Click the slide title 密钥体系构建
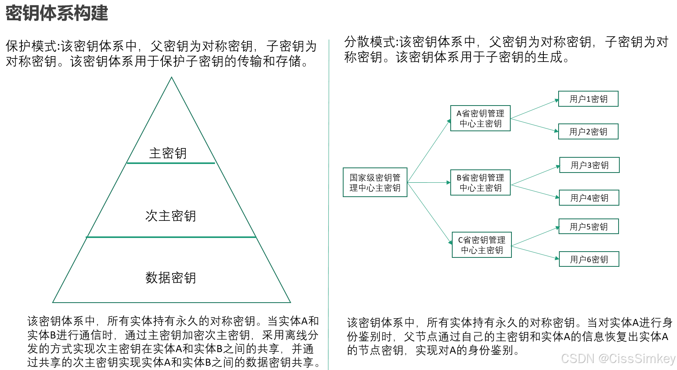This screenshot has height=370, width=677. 57,13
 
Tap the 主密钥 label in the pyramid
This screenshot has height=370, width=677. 168,153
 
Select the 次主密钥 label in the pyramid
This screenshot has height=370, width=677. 171,216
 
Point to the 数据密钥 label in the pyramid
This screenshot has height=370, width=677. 171,278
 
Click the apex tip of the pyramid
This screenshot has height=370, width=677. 171,78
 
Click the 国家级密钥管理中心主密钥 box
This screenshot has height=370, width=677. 375,182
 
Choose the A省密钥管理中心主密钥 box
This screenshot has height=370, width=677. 480,118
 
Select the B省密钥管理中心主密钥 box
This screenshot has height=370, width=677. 480,183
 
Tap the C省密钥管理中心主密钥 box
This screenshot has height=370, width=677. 481,245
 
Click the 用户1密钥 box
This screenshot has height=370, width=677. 588,99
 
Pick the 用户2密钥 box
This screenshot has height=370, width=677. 588,132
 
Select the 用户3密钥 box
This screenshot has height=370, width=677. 589,165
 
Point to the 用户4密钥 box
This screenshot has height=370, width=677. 589,198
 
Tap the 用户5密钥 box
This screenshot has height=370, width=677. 589,227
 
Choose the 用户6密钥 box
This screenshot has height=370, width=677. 589,259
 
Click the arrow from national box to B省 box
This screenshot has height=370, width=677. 428,182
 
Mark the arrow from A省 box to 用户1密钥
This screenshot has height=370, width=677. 534,109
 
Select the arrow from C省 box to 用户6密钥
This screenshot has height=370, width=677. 535,252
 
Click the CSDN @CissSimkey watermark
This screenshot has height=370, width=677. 618,358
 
